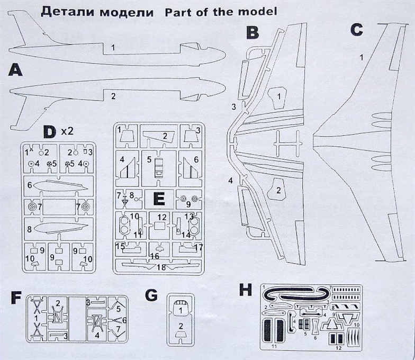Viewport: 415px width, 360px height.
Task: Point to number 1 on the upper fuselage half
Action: (113, 48)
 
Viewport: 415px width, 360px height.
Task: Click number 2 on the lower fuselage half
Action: (113, 96)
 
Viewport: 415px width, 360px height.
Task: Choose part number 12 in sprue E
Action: (161, 218)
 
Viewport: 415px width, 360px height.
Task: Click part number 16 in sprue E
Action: (155, 256)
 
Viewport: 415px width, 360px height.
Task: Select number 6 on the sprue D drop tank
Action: (31, 185)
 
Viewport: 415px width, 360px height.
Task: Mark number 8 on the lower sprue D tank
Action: (31, 229)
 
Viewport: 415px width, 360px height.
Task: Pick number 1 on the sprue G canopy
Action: (181, 309)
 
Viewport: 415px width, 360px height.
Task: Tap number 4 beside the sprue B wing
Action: (230, 181)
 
